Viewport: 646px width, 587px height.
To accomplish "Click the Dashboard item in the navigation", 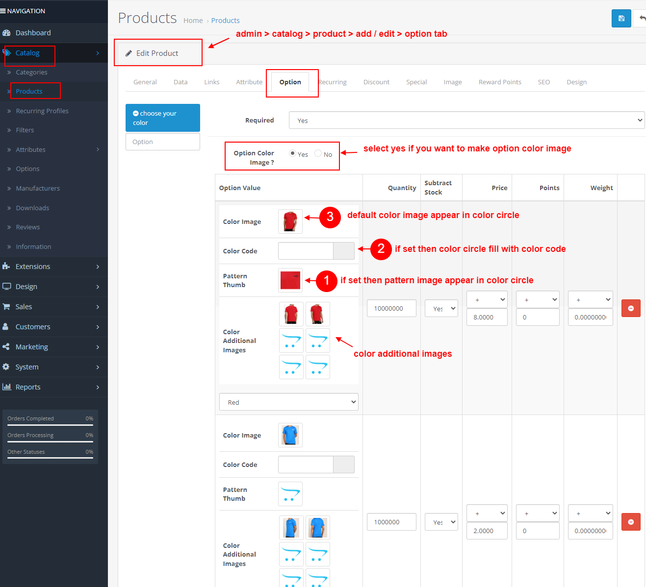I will point(33,33).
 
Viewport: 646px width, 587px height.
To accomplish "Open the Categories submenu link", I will point(31,72).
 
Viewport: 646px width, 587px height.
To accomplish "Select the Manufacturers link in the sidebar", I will point(38,188).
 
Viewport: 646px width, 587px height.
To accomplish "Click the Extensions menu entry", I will point(33,267).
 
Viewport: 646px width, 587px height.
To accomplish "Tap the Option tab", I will point(290,82).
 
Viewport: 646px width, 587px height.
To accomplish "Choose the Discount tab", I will point(376,82).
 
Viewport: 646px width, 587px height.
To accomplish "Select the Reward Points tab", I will point(500,82).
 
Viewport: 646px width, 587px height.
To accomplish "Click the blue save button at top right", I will point(621,19).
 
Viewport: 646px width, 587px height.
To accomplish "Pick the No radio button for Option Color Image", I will point(318,153).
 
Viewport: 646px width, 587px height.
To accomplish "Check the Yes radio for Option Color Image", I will point(293,153).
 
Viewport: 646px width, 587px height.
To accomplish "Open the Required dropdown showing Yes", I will point(466,121).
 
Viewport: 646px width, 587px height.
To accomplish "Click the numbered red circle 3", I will point(330,217).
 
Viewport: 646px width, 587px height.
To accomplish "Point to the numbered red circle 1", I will point(327,281).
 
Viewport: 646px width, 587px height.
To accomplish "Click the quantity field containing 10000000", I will point(391,308).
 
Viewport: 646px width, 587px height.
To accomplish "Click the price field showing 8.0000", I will point(487,317).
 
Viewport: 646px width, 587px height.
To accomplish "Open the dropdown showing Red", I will point(288,402).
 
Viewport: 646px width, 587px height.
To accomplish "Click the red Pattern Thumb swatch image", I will point(290,280).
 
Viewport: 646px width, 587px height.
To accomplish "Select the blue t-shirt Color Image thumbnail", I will point(290,435).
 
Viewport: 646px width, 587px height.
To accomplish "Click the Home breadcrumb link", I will point(193,21).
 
